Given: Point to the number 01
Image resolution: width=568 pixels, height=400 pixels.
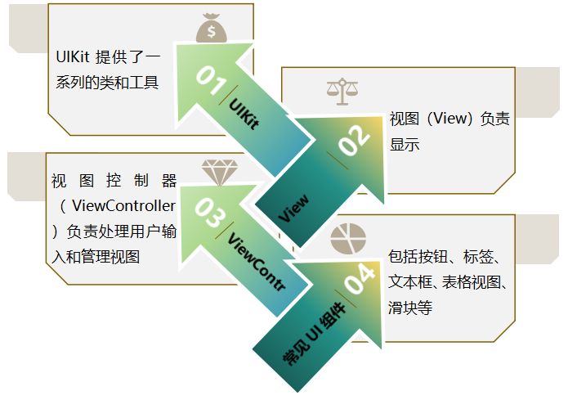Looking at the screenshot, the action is (x=210, y=80).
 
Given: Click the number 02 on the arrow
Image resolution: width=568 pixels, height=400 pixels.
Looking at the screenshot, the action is (x=354, y=142).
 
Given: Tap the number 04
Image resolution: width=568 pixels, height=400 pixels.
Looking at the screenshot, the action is (x=360, y=282).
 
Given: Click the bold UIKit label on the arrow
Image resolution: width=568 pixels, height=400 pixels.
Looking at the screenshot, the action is (x=243, y=114).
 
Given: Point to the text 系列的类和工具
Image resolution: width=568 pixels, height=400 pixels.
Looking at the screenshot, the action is (x=102, y=82).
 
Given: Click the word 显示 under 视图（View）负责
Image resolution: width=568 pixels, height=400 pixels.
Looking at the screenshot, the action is (x=405, y=145).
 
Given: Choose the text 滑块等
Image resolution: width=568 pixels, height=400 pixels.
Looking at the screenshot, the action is (x=410, y=308).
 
